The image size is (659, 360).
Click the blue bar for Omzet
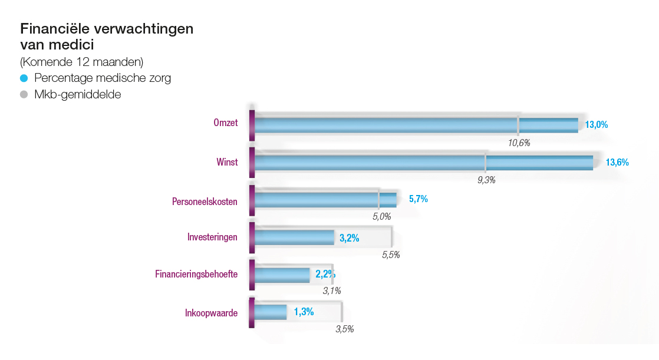416,125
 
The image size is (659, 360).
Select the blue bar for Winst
423,163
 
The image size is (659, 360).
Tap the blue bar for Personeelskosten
325,200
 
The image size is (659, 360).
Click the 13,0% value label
596,125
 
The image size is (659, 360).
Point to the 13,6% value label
617,163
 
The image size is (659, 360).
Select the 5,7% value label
418,199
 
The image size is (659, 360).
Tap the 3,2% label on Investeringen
350,238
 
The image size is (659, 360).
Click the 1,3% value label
304,312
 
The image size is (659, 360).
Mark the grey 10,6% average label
519,143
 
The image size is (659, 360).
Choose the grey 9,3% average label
486,180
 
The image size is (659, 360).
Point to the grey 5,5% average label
391,255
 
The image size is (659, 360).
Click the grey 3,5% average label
344,329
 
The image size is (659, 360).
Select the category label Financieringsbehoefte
196,274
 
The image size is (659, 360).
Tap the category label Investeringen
208,237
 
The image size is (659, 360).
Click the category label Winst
227,162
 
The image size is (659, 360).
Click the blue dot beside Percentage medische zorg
24,78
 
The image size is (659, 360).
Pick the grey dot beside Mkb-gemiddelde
24,94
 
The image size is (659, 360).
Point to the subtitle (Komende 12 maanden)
81,62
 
